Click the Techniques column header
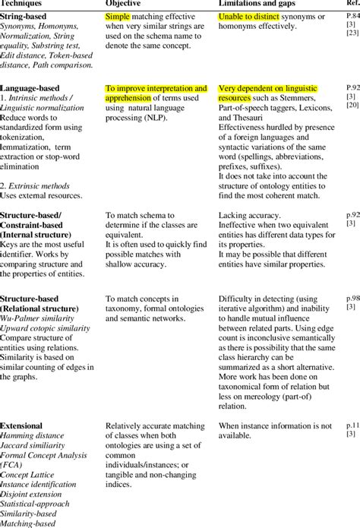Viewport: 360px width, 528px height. pyautogui.click(x=22, y=4)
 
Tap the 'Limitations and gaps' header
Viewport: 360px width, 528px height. pyautogui.click(x=258, y=4)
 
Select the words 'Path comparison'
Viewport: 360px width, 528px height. pyautogui.click(x=66, y=64)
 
